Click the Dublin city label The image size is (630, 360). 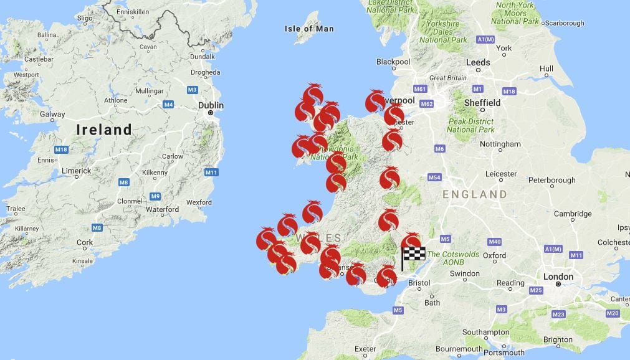pos(211,105)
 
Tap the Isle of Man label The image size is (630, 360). pos(309,29)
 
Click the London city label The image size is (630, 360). pos(558,277)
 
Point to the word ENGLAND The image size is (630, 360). pos(475,194)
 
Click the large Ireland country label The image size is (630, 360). pos(104,130)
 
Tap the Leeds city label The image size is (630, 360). pos(478,62)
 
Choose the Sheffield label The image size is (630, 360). pos(482,103)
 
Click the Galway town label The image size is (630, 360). pos(52,114)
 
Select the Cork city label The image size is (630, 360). pos(85,243)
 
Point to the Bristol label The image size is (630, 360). pos(419,283)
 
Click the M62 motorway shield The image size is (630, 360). pos(426,104)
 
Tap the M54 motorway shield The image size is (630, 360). pos(435,178)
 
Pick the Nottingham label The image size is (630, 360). pos(501,144)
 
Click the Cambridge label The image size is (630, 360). pos(573,214)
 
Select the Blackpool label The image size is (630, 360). pos(393,62)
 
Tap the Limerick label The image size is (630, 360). pos(76,171)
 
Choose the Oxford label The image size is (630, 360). pos(494,255)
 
